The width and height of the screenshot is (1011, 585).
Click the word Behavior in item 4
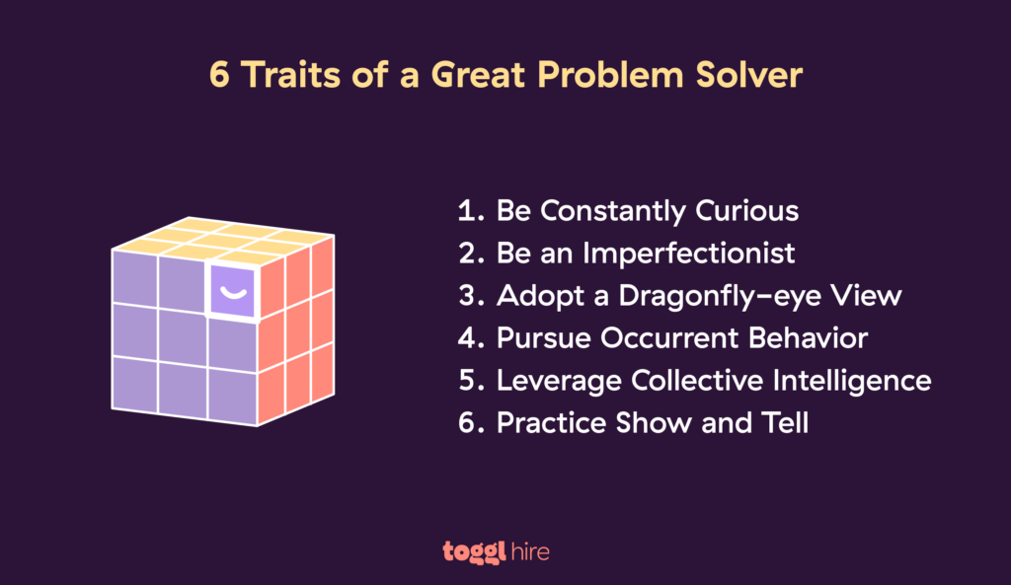(807, 338)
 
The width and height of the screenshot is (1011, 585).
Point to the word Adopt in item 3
(532, 296)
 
